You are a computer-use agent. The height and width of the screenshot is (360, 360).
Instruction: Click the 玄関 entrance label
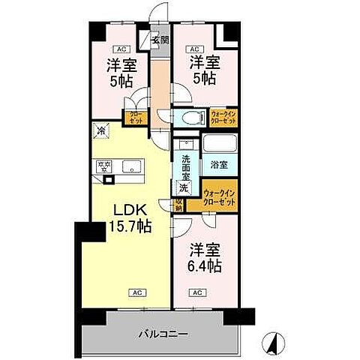point(159,40)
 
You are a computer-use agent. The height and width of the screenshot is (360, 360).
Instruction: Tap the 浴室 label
point(219,163)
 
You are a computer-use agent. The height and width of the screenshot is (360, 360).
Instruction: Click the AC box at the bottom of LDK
point(137,292)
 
